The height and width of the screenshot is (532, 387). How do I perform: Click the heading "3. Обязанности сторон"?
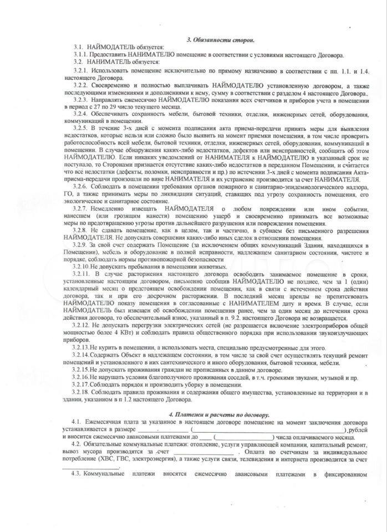[220, 40]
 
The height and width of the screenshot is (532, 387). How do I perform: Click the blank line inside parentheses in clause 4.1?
[267, 430]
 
